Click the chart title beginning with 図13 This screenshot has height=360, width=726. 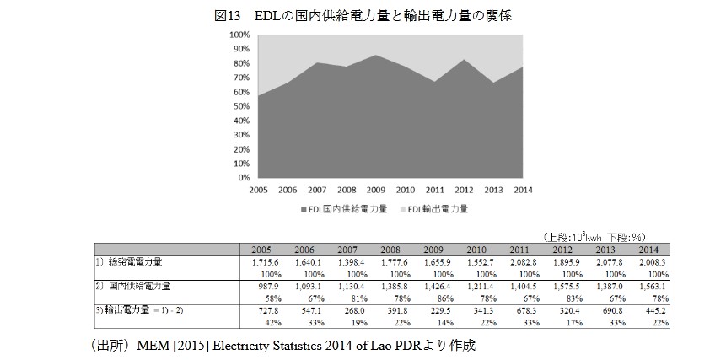pyautogui.click(x=363, y=15)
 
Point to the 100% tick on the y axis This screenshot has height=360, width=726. pyautogui.click(x=239, y=35)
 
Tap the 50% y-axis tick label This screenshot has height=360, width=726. pyautogui.click(x=241, y=106)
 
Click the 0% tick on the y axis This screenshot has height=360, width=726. pyautogui.click(x=244, y=178)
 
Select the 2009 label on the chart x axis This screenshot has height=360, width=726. pyautogui.click(x=377, y=190)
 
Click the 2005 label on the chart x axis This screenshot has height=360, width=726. pyautogui.click(x=259, y=190)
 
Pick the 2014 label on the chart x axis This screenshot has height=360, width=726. pyautogui.click(x=524, y=190)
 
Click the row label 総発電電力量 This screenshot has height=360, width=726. pyautogui.click(x=134, y=263)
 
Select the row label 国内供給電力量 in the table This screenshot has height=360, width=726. pyautogui.click(x=139, y=287)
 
